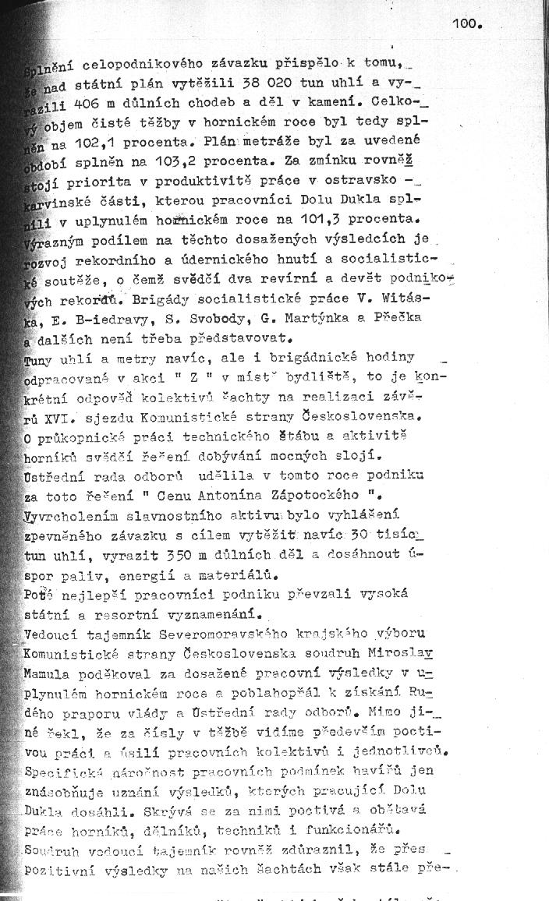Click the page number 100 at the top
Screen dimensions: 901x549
(467, 24)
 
